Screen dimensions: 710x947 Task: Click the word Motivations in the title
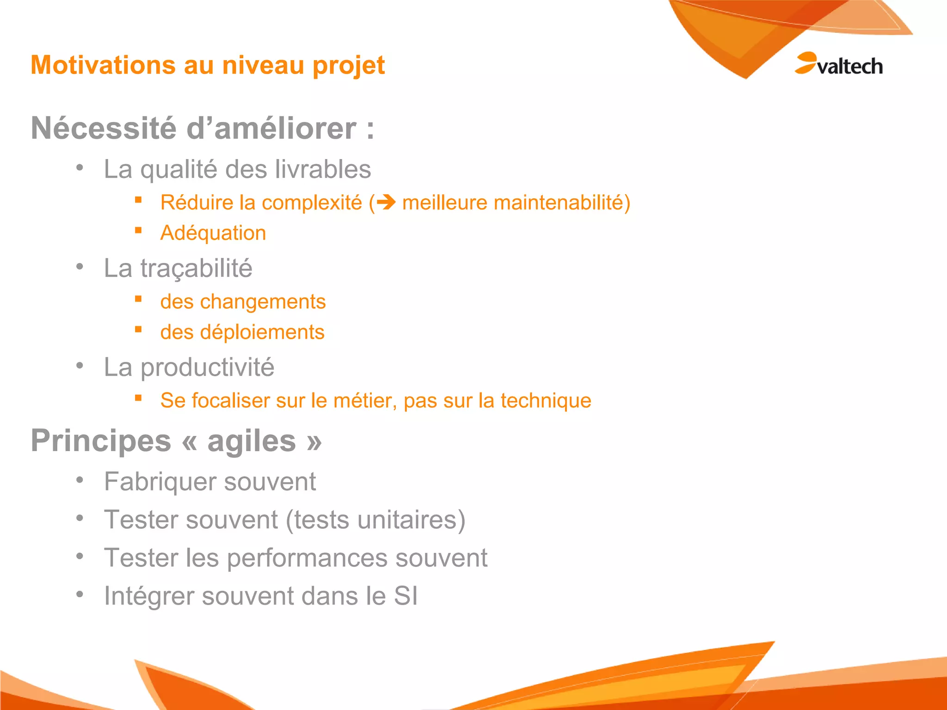[103, 65]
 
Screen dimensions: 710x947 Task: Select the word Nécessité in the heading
[104, 128]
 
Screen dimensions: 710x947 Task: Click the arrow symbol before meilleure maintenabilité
[386, 202]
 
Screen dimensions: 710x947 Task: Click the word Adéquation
[213, 233]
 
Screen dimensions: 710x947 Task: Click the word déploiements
[262, 332]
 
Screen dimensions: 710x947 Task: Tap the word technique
[546, 401]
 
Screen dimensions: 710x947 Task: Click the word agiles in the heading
[251, 441]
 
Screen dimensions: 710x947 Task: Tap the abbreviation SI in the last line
[406, 596]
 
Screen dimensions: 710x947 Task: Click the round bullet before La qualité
[80, 167]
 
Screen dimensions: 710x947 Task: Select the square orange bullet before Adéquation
[138, 230]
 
